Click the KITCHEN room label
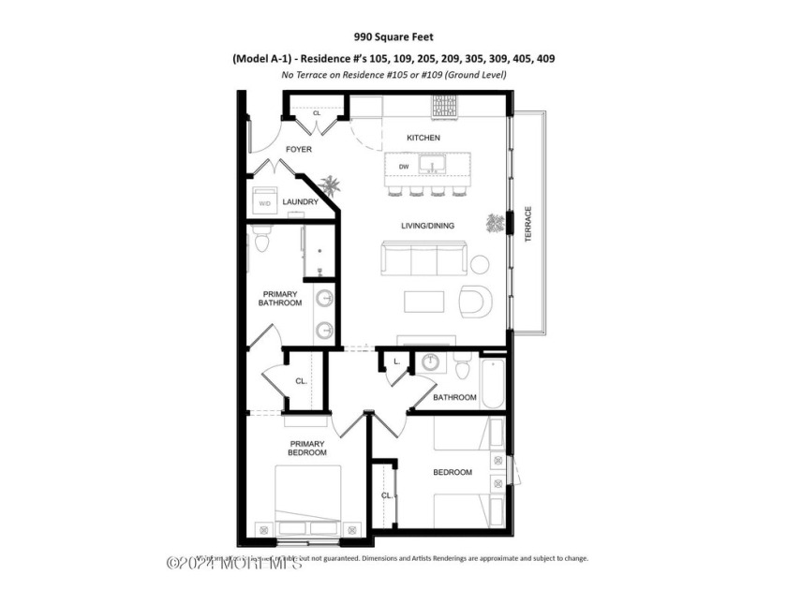(x=423, y=138)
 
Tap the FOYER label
(x=299, y=149)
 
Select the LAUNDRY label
(x=300, y=201)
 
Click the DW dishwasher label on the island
(x=404, y=167)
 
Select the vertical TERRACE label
(x=527, y=224)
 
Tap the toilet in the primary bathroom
(x=261, y=242)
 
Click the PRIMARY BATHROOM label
(x=280, y=298)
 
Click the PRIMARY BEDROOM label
(x=307, y=448)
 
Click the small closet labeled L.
(x=396, y=361)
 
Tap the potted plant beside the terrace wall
(x=495, y=223)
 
